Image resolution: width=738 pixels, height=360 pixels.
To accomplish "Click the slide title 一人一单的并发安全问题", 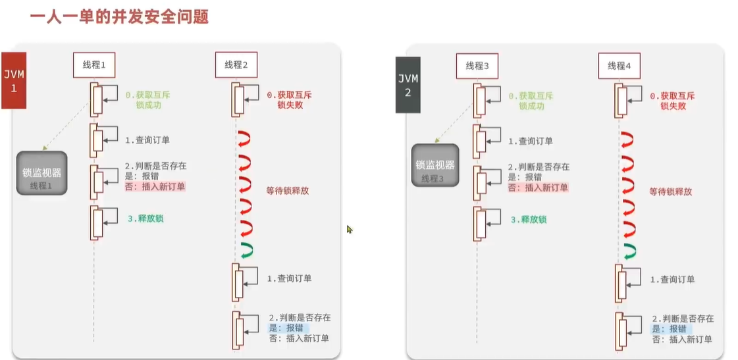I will [119, 16].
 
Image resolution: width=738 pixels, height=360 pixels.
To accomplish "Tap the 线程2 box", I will [236, 64].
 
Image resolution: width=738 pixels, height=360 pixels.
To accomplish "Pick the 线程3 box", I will [477, 65].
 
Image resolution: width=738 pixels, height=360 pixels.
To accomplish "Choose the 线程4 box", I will [619, 65].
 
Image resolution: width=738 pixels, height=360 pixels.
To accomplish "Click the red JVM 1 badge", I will [13, 80].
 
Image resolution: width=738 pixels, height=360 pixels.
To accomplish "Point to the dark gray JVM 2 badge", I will [408, 84].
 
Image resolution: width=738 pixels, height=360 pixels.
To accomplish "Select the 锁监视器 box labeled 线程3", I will [435, 165].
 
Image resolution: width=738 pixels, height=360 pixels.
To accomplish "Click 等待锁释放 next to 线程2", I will [288, 191].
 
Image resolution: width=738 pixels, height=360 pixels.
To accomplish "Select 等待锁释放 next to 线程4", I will [670, 192].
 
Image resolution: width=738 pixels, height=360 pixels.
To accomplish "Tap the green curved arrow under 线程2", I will [248, 249].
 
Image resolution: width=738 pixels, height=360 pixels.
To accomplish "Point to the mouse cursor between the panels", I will [349, 229].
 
